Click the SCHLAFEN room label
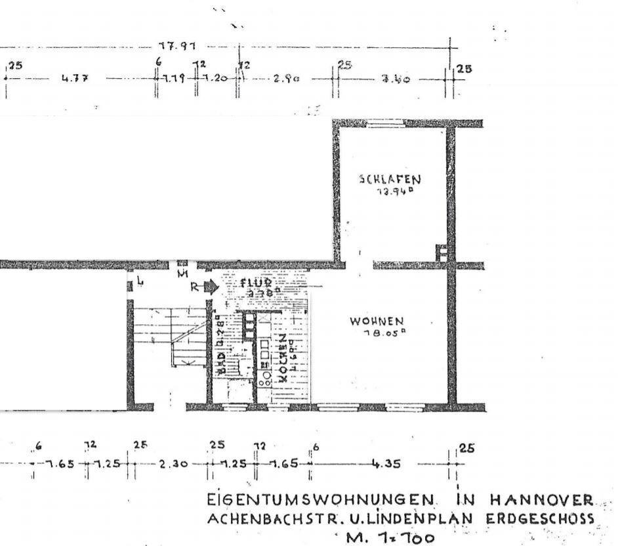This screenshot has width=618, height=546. [x=390, y=178]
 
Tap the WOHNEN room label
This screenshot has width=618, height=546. [x=376, y=322]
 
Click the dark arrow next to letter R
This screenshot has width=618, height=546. [x=211, y=286]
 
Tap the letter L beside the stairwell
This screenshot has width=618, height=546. [x=139, y=283]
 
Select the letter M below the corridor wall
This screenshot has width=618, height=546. [x=183, y=272]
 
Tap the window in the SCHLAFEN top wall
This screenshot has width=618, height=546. [x=385, y=123]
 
